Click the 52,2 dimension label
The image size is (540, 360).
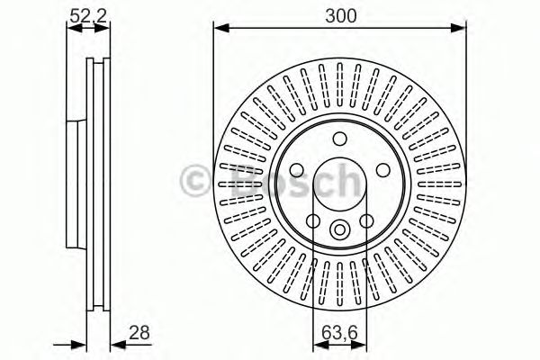pos(82,13)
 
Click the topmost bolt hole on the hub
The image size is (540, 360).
pos(339,139)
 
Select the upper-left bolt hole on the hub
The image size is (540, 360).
pos(297,169)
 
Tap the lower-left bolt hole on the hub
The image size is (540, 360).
pos(313,220)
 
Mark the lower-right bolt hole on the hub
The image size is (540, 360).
pos(366,220)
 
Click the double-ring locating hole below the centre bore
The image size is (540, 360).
pos(339,229)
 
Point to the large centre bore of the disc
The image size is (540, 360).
pos(339,184)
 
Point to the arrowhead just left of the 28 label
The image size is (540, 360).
pos(114,343)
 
